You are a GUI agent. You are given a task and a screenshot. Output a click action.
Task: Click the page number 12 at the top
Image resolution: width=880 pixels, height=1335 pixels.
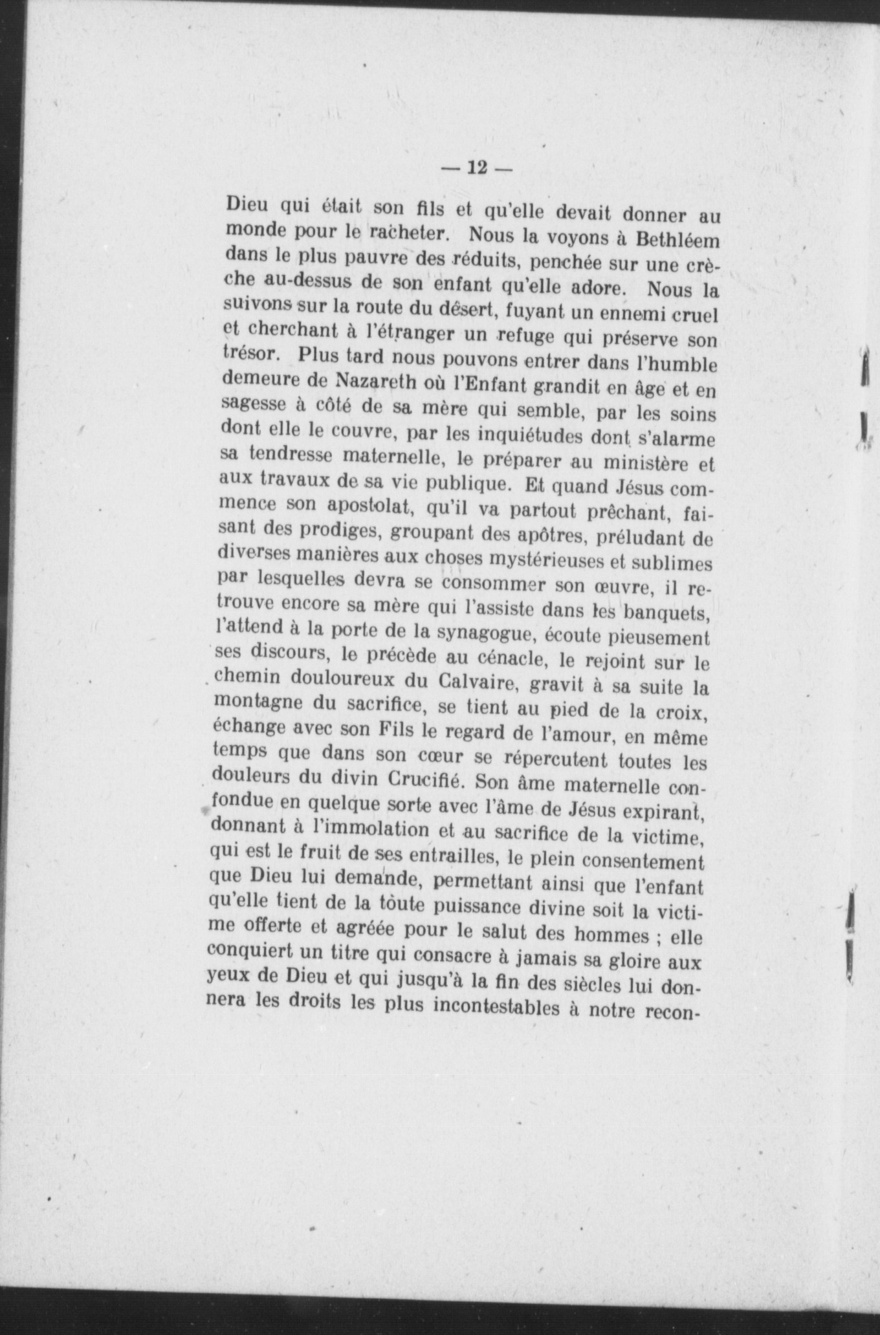click(x=476, y=168)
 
